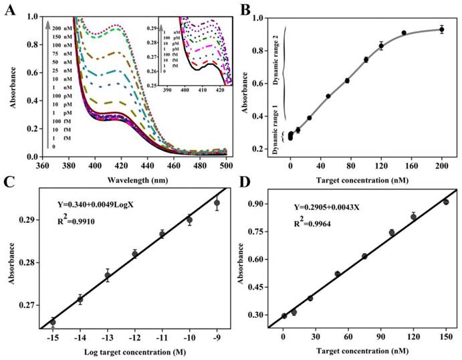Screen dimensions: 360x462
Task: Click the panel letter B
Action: (x=245, y=9)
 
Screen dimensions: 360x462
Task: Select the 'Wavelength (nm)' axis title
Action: (x=132, y=179)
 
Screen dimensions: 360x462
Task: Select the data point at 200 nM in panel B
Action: (x=441, y=29)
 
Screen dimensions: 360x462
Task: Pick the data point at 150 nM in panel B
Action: (x=404, y=33)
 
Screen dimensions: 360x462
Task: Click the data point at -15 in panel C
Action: (x=53, y=322)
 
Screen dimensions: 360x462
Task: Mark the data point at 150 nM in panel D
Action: (x=445, y=202)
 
